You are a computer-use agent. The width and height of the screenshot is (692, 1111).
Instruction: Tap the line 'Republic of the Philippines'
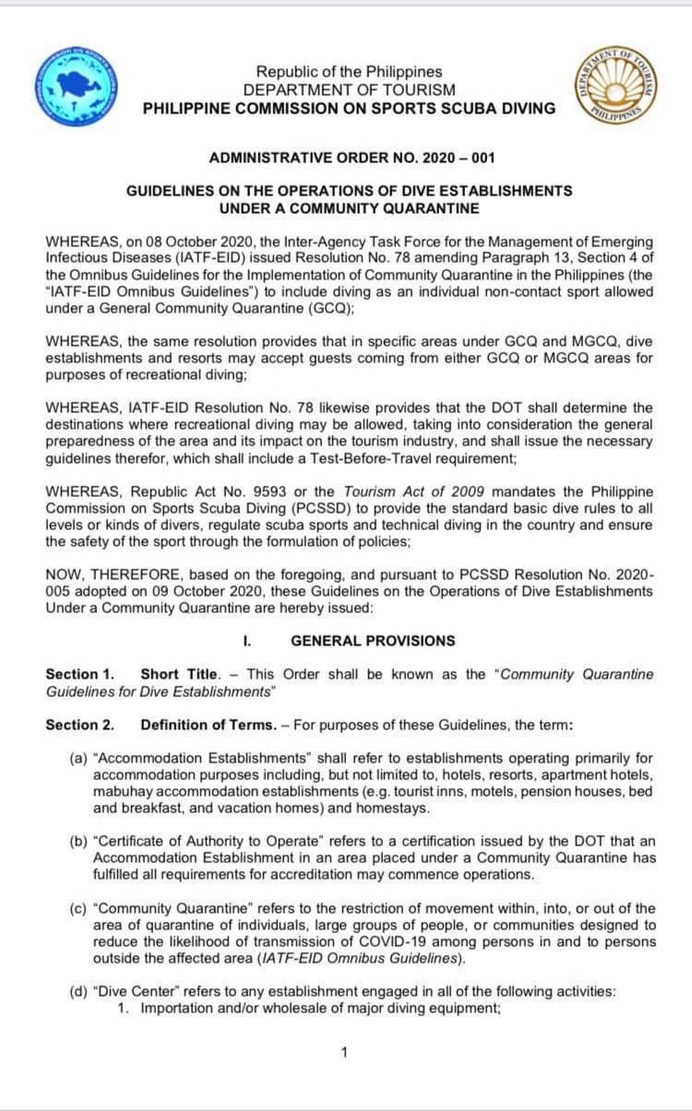tap(349, 71)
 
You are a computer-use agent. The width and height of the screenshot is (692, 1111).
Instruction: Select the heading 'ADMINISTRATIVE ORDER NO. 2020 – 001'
tap(352, 158)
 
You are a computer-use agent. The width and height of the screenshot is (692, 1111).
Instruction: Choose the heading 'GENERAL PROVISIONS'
tap(372, 640)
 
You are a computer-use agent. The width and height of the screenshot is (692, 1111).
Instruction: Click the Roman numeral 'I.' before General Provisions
tap(248, 640)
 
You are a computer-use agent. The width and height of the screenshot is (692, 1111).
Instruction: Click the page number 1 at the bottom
tap(344, 1052)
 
